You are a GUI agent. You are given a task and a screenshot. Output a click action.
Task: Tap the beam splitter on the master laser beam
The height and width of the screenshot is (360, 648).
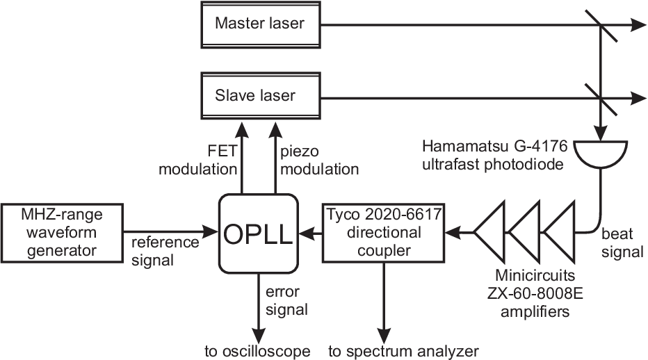[x=601, y=26]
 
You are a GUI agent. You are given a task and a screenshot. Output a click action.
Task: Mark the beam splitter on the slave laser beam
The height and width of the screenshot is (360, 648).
[x=601, y=99]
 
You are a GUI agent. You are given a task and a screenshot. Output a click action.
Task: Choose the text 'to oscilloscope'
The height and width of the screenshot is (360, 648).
[x=257, y=352]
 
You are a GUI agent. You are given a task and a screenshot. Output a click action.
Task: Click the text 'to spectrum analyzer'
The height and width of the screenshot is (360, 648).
[x=404, y=352]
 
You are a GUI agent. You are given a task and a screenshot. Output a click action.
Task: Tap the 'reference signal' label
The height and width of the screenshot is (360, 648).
[x=165, y=252]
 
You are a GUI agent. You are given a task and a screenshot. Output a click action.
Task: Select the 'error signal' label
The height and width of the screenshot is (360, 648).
[x=287, y=300]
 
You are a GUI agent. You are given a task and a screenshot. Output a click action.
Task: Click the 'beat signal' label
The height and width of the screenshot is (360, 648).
[x=622, y=243]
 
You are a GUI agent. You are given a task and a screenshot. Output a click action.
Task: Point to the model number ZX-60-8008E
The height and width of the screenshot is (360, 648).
[x=535, y=293]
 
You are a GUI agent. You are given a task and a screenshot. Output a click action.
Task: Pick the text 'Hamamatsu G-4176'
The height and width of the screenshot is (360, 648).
[x=494, y=146]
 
